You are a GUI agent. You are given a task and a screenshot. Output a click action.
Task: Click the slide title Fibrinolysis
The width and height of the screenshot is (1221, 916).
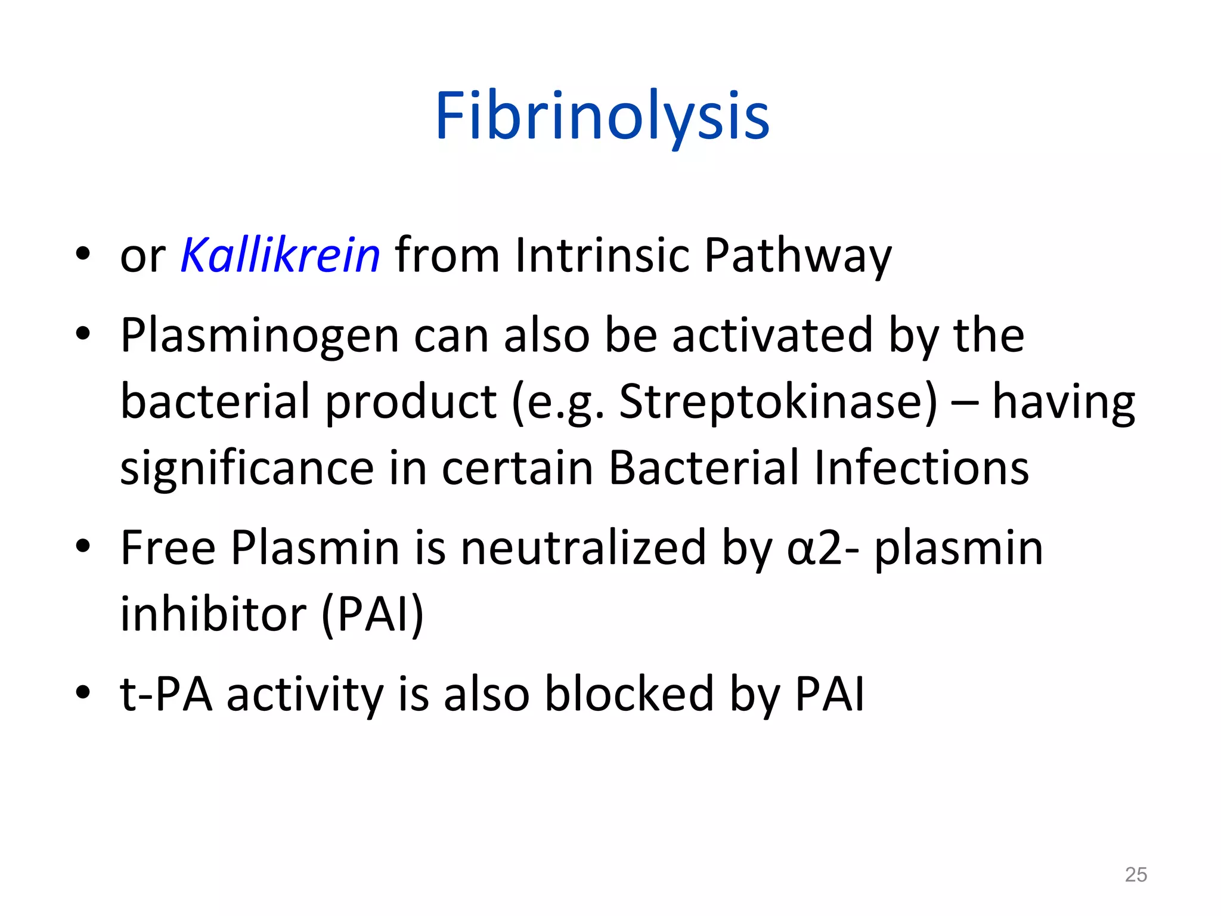[x=602, y=116]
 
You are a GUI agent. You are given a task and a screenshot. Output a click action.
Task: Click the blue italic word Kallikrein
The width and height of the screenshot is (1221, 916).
[x=280, y=255]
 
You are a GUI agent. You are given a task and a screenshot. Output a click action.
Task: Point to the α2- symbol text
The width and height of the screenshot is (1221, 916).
[x=823, y=549]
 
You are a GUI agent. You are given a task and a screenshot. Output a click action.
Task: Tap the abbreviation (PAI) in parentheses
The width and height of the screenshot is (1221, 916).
[x=373, y=615]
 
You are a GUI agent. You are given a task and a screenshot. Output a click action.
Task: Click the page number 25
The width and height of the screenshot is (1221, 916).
[x=1135, y=875]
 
